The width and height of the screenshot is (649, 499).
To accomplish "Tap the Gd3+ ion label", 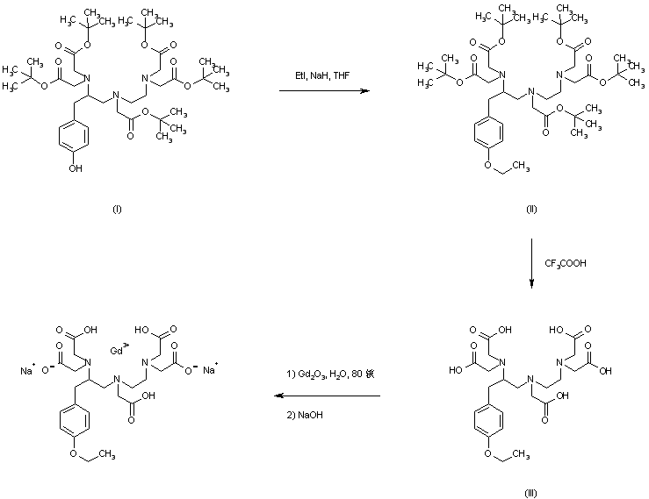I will point(118,352).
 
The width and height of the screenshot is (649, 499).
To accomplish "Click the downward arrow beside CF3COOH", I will point(532,262).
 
